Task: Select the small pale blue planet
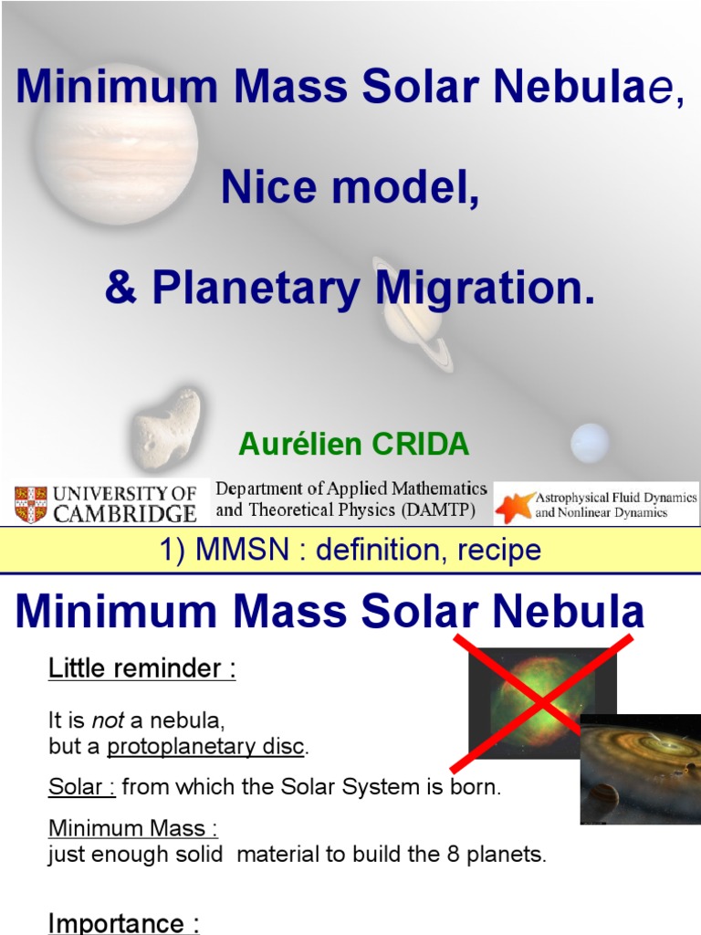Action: (589, 443)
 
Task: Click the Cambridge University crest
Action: (31, 504)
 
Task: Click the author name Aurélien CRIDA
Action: (353, 445)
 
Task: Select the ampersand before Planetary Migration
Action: (119, 288)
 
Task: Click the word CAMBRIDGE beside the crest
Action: (126, 513)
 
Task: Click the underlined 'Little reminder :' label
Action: (141, 668)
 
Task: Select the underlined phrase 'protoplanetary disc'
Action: (205, 746)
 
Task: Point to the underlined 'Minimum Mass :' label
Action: (132, 829)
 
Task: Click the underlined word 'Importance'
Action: (114, 923)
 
